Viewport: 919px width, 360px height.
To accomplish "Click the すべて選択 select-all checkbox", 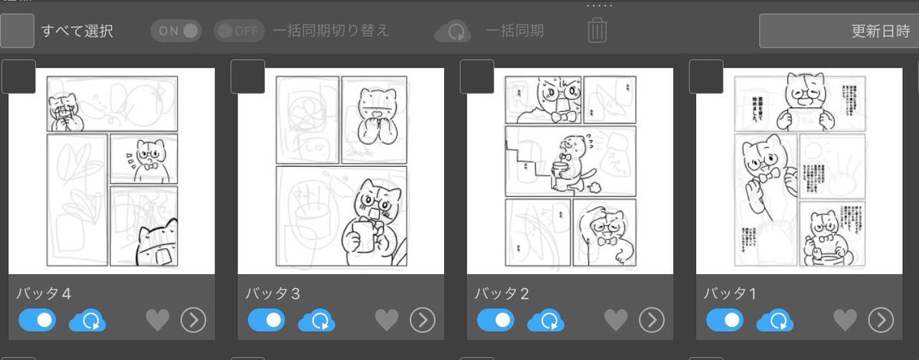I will pyautogui.click(x=17, y=31).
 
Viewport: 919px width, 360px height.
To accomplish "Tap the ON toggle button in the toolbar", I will pyautogui.click(x=175, y=31).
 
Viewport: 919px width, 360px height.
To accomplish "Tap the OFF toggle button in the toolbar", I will pyautogui.click(x=239, y=31).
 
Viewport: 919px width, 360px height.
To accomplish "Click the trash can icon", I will pyautogui.click(x=597, y=31).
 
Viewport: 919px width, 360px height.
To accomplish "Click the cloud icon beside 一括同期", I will pyautogui.click(x=453, y=31).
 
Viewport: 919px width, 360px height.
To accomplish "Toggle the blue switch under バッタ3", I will pyautogui.click(x=267, y=319).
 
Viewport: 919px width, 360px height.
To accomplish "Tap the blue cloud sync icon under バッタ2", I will pyautogui.click(x=546, y=320).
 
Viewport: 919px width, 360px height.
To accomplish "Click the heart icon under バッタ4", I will pyautogui.click(x=157, y=320).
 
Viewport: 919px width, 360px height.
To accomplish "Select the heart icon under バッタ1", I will pyautogui.click(x=845, y=320).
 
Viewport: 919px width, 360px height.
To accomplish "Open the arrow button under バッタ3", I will pyautogui.click(x=422, y=320).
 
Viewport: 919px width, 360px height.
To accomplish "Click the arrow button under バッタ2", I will pyautogui.click(x=652, y=320).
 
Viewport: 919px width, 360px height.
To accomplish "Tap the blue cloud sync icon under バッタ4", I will pyautogui.click(x=87, y=320).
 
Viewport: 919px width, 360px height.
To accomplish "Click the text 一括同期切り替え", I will pyautogui.click(x=331, y=31).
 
